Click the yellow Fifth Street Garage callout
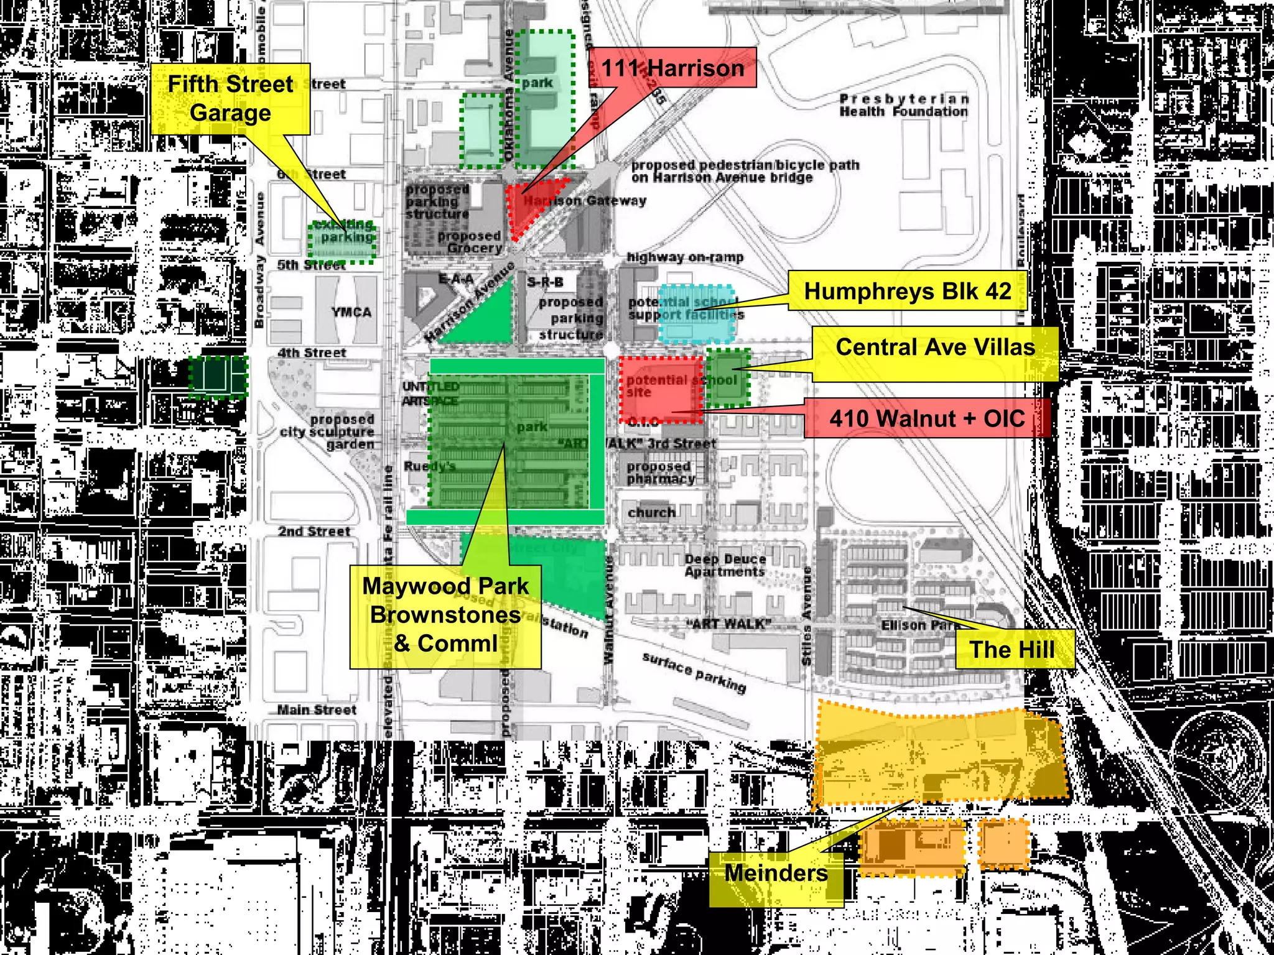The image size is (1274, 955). [x=230, y=99]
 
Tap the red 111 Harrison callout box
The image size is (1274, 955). [x=672, y=68]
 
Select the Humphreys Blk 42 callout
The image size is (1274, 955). [x=907, y=291]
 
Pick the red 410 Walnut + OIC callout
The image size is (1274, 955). [x=927, y=418]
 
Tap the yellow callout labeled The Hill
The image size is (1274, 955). [x=1015, y=650]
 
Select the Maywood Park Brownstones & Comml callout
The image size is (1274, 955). [x=445, y=616]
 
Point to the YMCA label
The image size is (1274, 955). [x=351, y=312]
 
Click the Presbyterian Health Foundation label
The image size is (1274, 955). [x=904, y=106]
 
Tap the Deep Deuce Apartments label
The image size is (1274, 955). [x=725, y=566]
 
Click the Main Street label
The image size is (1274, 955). [x=317, y=710]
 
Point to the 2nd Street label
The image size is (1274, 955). [x=314, y=532]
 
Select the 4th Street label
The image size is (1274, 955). [x=312, y=353]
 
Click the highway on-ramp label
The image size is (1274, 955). [x=685, y=257]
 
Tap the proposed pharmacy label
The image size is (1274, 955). [x=659, y=473]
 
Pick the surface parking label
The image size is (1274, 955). [x=694, y=672]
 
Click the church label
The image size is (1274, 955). [x=651, y=513]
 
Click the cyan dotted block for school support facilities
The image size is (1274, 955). [x=697, y=315]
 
